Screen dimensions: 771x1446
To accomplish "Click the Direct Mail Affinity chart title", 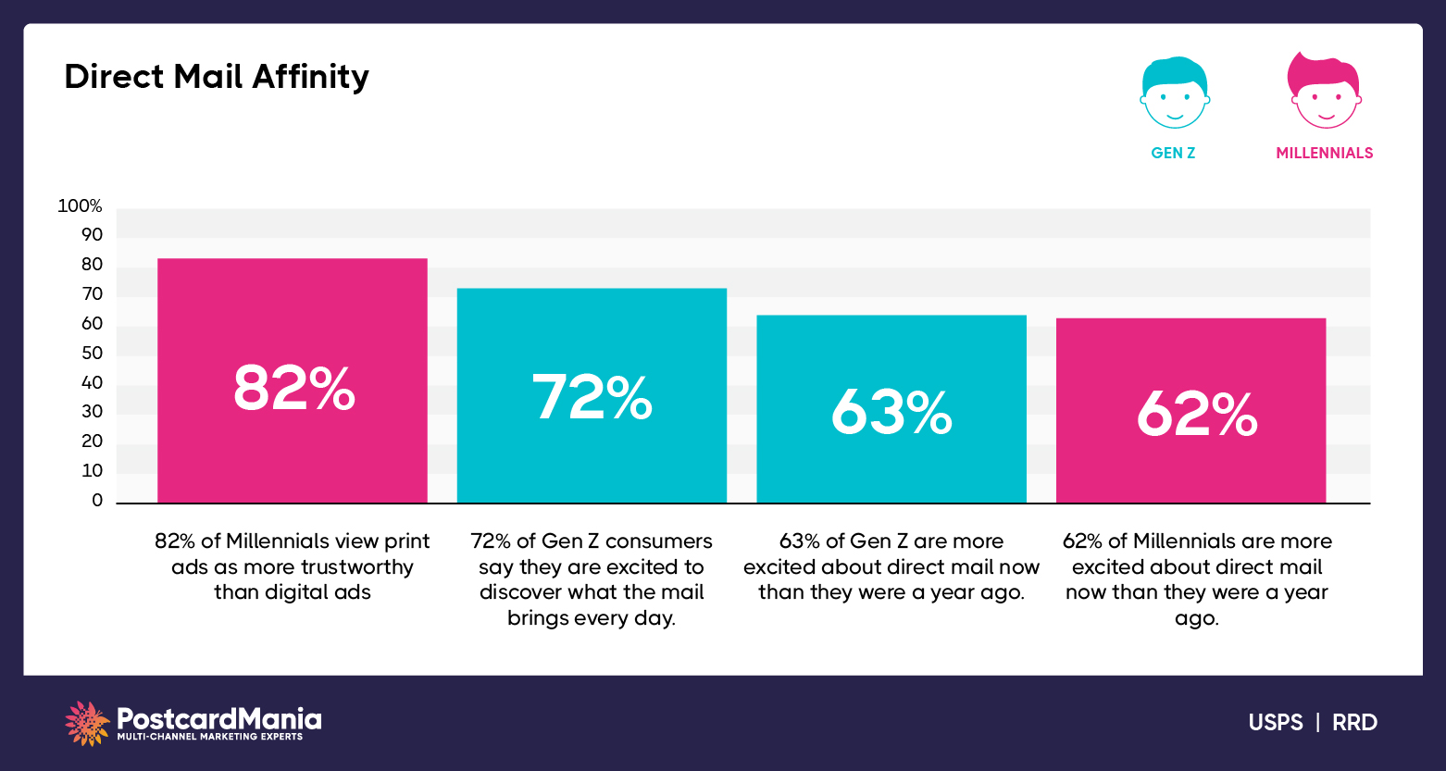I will click(217, 76).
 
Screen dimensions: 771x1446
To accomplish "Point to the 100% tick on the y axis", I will click(80, 206).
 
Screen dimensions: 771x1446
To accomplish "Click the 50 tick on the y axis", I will click(92, 354).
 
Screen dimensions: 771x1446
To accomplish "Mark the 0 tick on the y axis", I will click(97, 501).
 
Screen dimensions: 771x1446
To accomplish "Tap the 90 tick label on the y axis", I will click(92, 235).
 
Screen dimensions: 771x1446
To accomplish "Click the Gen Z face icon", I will click(1174, 93).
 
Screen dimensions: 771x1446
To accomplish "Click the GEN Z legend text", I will click(1173, 154).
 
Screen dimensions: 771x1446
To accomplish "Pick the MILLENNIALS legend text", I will click(1324, 154).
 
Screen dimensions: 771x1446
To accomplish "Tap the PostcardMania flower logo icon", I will click(87, 723).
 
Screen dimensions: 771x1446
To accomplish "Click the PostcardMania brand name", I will click(219, 718).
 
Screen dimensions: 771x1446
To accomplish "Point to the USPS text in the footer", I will click(1275, 723).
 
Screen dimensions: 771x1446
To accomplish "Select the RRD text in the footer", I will click(1354, 723).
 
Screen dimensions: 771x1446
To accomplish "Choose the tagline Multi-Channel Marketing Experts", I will click(209, 737).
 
